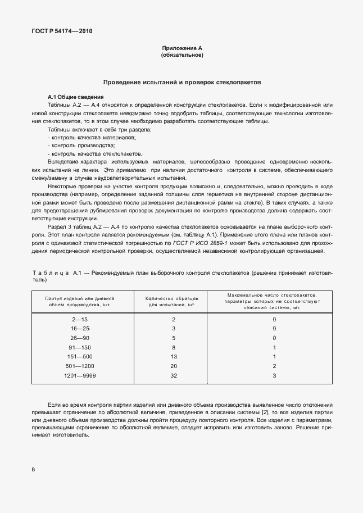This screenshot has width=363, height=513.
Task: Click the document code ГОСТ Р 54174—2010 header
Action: pos(62,31)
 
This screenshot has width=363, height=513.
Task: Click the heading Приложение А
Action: pos(182,49)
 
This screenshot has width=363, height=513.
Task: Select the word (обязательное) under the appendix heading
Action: pos(182,56)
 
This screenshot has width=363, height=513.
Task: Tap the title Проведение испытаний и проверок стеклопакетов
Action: pos(182,82)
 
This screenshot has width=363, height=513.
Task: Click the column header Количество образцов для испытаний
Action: pos(170,302)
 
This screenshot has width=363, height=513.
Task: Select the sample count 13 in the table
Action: pos(174,357)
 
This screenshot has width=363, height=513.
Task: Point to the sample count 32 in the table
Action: pos(174,375)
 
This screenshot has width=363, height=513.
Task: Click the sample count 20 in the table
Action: pos(174,366)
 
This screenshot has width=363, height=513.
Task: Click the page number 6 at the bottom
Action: pos(33,469)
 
